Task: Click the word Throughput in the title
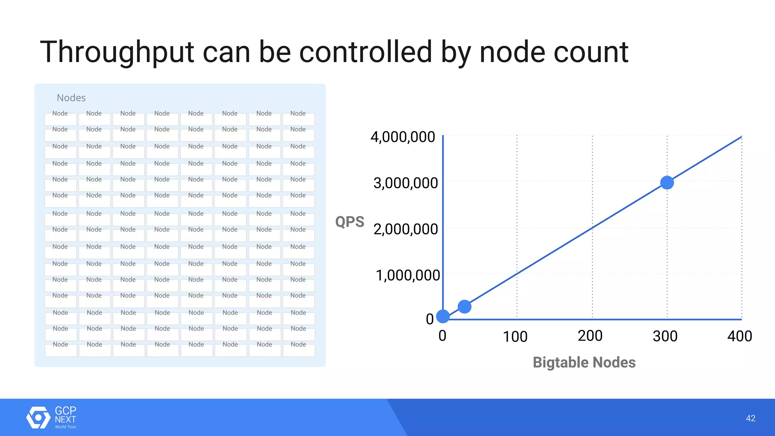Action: tap(117, 52)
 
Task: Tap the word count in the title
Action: tap(591, 52)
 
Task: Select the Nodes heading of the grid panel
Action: tap(71, 98)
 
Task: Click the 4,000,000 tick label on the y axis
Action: tap(403, 137)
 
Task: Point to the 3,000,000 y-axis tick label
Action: tap(405, 183)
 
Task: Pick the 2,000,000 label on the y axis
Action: tap(405, 229)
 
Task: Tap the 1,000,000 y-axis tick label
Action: tap(407, 276)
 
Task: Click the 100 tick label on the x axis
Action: tap(515, 336)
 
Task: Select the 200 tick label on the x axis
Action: tap(590, 336)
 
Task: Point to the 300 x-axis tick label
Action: tap(665, 336)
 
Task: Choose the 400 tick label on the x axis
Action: tap(739, 336)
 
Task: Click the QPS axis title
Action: tap(350, 222)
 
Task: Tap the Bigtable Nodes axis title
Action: tap(584, 363)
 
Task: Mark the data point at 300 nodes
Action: tap(667, 183)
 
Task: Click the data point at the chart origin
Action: tap(443, 316)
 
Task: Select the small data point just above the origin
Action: tap(464, 307)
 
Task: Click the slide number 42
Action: tap(750, 418)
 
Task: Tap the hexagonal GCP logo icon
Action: tap(38, 417)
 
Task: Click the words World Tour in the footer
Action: tap(65, 427)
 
